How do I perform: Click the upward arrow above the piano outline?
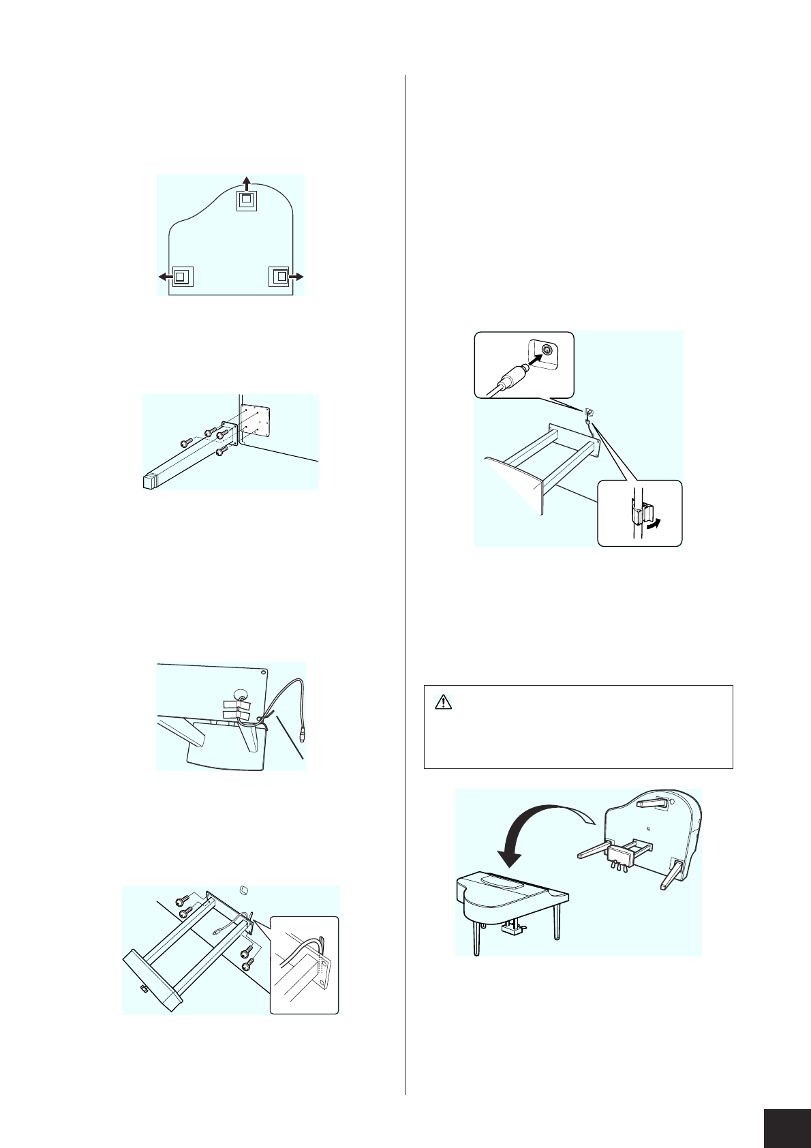coord(247,180)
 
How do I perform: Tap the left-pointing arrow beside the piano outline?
coord(164,276)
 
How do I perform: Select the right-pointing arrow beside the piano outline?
coord(296,276)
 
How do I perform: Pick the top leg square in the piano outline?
coord(246,200)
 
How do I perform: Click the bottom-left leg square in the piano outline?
coord(181,276)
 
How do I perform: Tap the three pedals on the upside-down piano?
coord(620,865)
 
